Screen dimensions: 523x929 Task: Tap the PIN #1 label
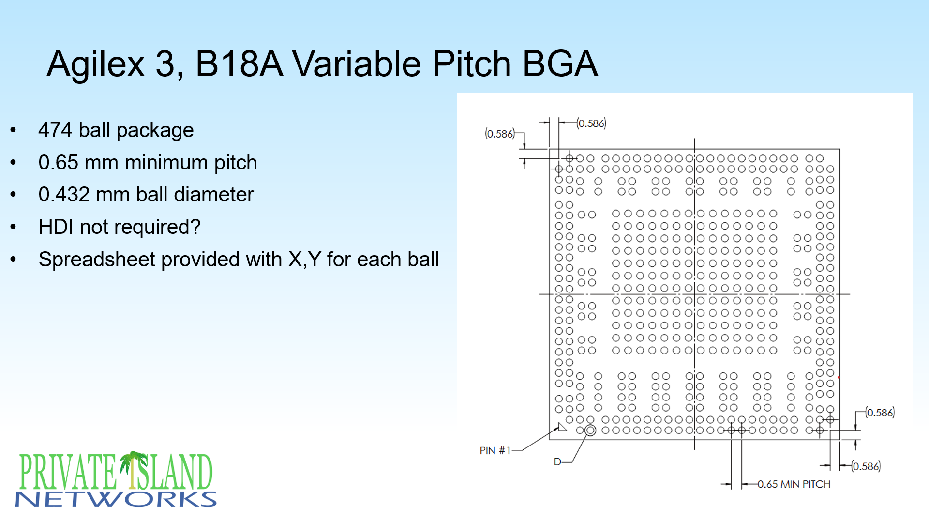click(x=494, y=450)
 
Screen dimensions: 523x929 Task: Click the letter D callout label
click(x=557, y=461)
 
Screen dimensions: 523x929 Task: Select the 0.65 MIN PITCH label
click(x=794, y=484)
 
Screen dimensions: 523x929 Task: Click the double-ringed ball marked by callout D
click(x=590, y=430)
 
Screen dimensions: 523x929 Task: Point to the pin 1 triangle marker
click(x=562, y=427)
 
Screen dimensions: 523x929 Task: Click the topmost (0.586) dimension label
click(x=591, y=123)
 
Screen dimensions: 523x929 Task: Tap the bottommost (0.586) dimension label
click(x=866, y=466)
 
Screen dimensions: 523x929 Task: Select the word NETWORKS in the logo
click(x=116, y=499)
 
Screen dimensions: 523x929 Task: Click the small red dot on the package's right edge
click(x=839, y=377)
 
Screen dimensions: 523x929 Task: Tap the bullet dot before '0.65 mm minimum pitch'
click(x=13, y=163)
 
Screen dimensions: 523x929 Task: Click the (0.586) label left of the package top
click(x=499, y=134)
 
